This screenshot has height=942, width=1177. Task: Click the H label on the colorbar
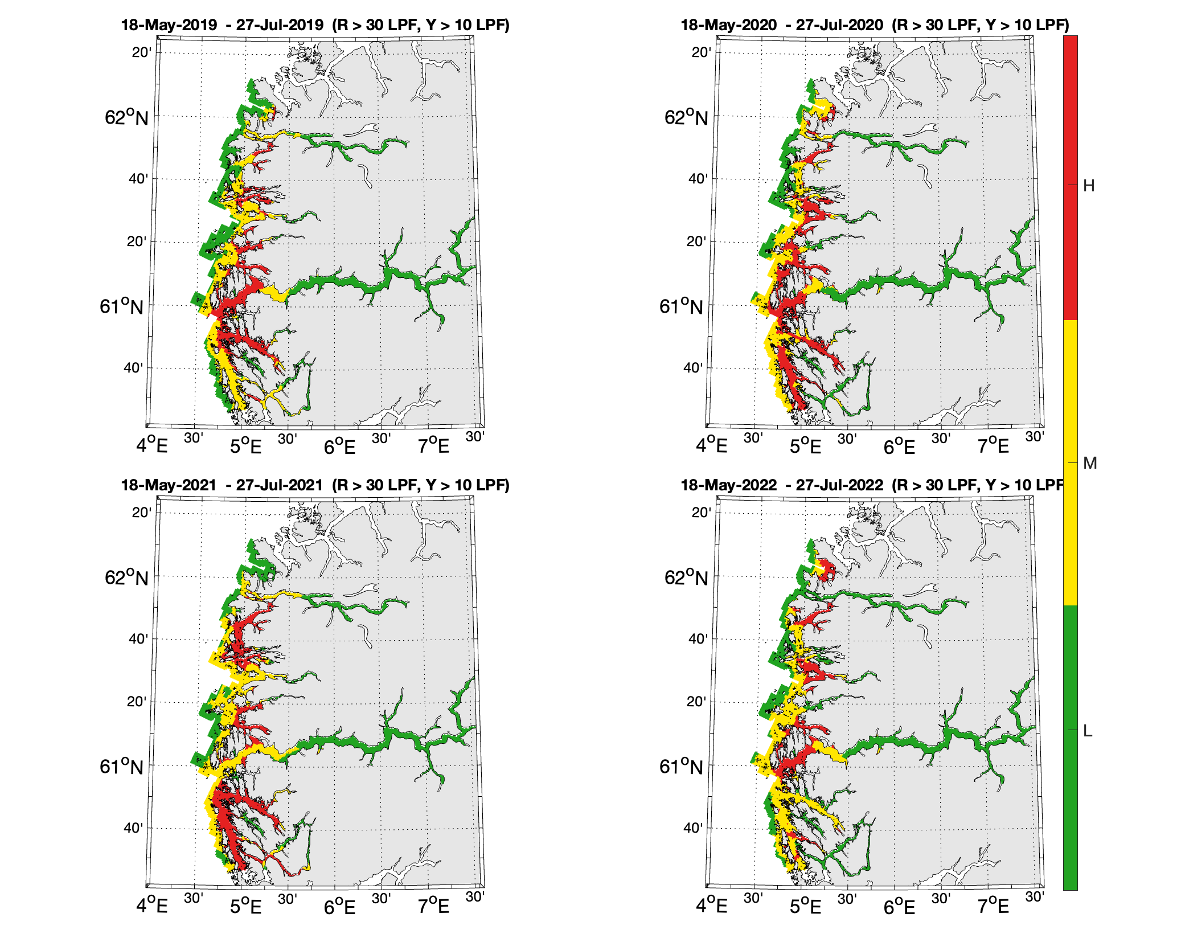(1089, 186)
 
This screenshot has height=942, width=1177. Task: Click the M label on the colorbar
(1090, 464)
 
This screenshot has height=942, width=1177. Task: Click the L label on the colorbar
(1088, 731)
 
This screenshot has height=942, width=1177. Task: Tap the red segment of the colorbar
(1070, 177)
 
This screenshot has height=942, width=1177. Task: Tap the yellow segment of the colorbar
(1070, 461)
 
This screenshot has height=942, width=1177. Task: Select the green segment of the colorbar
(1070, 746)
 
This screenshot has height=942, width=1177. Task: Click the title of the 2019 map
(315, 25)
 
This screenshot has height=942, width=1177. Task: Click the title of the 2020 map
(875, 25)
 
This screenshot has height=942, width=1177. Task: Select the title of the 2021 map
(315, 485)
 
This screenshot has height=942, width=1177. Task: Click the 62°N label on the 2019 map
(126, 117)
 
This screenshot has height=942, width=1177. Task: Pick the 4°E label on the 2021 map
(152, 906)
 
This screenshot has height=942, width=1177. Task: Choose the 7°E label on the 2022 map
(993, 906)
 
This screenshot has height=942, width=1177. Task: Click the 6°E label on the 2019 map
(339, 446)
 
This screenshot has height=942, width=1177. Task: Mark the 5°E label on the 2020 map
(805, 446)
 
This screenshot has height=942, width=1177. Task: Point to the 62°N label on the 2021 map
(126, 578)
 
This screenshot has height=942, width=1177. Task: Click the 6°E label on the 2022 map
(899, 906)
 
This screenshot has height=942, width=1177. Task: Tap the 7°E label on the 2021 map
(433, 906)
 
